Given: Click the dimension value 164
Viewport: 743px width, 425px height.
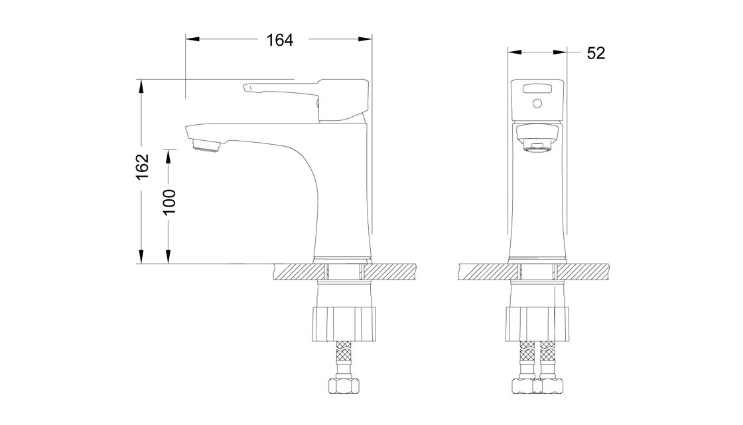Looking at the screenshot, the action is point(280,41).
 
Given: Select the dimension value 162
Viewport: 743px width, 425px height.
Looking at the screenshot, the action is point(142,167).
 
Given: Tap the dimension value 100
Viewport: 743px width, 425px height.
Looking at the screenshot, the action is point(169,202).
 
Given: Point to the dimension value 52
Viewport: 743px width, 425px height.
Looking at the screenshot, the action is point(596,53).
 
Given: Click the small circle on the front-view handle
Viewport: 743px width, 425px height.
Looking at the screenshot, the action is point(537,103).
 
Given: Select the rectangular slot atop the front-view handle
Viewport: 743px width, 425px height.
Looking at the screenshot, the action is point(537,88).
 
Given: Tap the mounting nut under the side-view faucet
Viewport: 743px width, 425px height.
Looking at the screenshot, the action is point(344,323).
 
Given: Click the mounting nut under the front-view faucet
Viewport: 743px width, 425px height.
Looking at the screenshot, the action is point(537,323).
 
